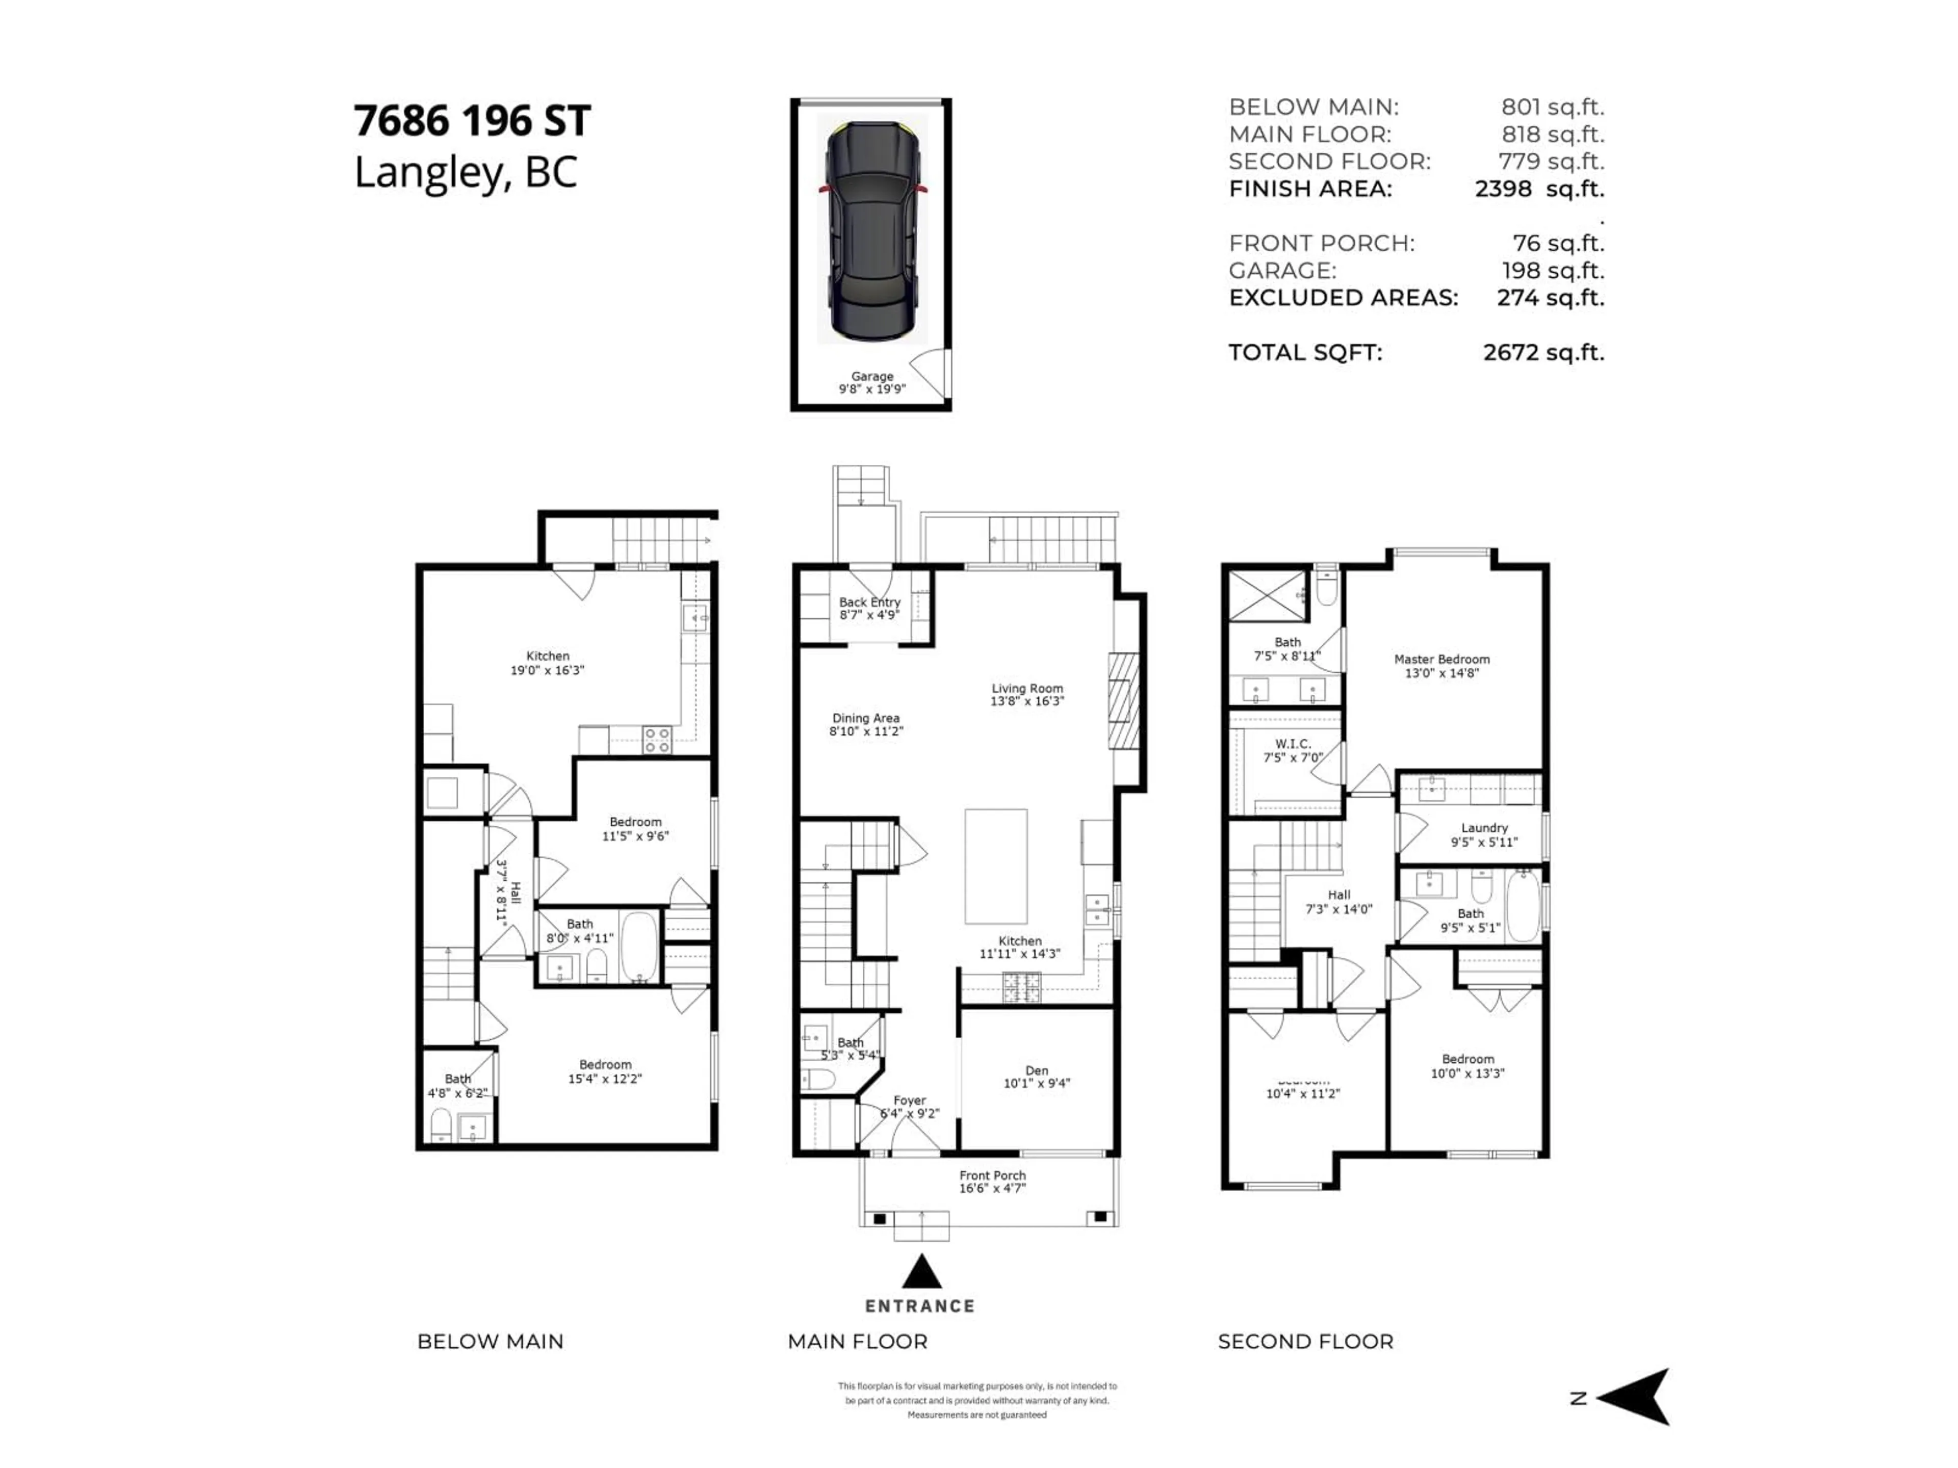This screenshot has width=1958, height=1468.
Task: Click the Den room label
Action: (x=1037, y=1071)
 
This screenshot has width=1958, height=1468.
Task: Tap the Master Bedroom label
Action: (x=1441, y=659)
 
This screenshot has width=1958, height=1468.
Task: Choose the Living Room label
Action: (x=1027, y=689)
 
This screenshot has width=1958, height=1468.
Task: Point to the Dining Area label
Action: (x=866, y=719)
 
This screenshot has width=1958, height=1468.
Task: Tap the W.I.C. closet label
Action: (x=1293, y=744)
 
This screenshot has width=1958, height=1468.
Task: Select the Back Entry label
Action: (x=869, y=601)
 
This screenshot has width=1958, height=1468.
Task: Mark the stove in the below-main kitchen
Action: (x=657, y=740)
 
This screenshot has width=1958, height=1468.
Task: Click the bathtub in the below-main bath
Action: (x=639, y=947)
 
